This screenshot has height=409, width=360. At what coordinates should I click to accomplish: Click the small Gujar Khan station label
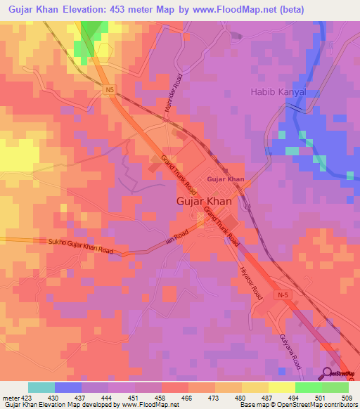(x=225, y=179)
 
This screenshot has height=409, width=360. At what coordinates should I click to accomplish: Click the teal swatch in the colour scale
(x=41, y=387)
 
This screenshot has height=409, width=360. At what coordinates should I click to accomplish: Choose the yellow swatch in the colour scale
(x=282, y=387)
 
